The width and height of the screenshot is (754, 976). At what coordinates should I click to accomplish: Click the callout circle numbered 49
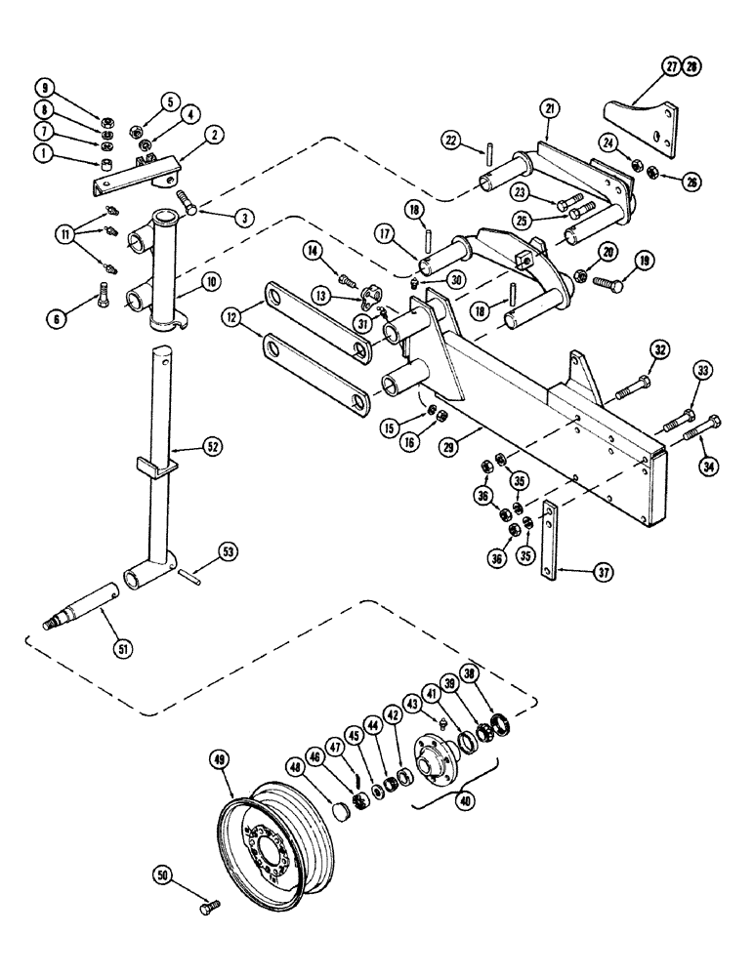tap(221, 757)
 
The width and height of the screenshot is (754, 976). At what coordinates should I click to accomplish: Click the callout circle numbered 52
tap(212, 447)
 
